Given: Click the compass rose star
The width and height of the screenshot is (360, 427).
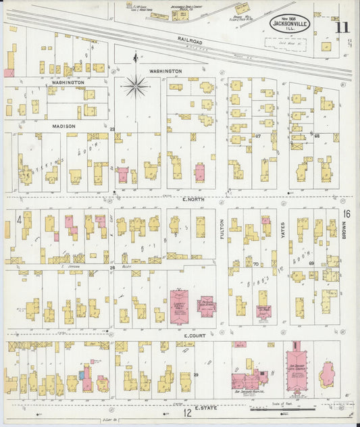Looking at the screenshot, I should coord(136,86).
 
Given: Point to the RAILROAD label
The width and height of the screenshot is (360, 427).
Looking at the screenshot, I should coord(190,40).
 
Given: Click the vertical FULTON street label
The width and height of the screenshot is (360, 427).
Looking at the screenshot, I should coord(221,230).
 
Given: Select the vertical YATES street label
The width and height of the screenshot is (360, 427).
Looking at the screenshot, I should coord(283,230).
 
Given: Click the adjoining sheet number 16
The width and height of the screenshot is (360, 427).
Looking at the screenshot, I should coord(346,214).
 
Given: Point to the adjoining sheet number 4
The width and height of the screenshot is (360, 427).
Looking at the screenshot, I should coord(20,219).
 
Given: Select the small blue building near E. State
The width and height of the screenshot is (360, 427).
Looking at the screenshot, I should coord(82,374).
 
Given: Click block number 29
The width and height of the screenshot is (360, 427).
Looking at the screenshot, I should coord(197,374).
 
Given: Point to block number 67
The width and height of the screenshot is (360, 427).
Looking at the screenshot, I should coord(258,136).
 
